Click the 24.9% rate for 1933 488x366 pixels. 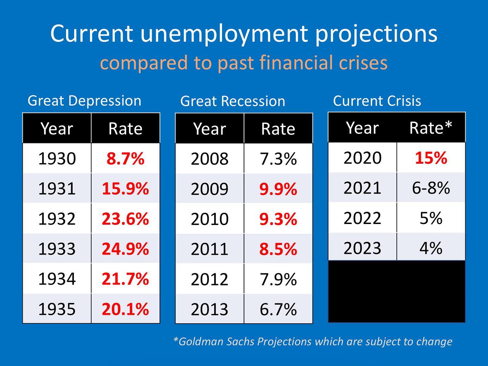[125, 249]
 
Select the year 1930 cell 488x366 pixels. [57, 159]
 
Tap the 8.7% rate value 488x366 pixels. [125, 159]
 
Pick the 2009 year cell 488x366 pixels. [209, 189]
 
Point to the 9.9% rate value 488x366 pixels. [278, 189]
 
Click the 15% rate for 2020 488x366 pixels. [431, 158]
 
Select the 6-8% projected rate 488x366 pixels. [431, 188]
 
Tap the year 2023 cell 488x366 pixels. [362, 248]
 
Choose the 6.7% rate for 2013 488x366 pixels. [278, 309]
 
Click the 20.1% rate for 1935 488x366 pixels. [125, 309]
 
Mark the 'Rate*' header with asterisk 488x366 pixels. [431, 128]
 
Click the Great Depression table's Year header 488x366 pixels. [57, 129]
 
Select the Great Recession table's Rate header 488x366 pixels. [278, 129]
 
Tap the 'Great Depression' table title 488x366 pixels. [84, 101]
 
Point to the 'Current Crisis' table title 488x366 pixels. [377, 101]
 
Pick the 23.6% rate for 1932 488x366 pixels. [125, 219]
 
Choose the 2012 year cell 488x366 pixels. [209, 279]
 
